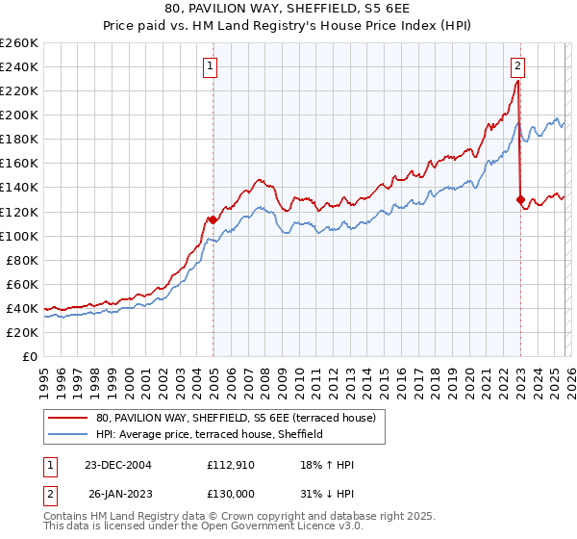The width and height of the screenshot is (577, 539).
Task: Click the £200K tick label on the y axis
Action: (18, 115)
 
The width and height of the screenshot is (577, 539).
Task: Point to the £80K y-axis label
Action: (21, 260)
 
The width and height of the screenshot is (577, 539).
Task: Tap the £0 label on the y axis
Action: (31, 356)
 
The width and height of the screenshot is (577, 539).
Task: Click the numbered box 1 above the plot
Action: (210, 66)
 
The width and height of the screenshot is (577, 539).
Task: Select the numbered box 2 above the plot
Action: (517, 66)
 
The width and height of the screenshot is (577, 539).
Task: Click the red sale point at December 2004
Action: (213, 219)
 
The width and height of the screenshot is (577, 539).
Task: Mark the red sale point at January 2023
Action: (520, 199)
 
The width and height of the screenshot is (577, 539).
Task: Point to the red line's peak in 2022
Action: (517, 82)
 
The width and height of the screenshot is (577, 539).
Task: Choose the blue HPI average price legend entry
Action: (209, 435)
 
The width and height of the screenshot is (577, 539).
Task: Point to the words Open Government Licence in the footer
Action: (241, 528)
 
